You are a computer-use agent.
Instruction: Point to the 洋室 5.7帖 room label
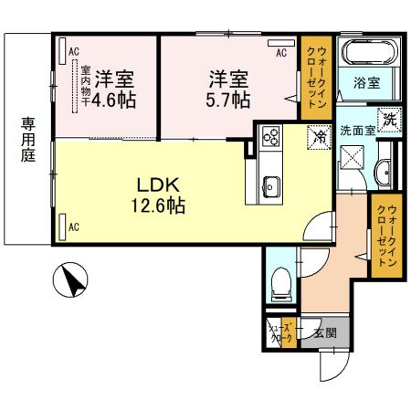click(x=229, y=90)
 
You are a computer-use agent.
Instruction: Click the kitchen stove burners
click(x=271, y=137)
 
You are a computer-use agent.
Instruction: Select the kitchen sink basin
click(x=271, y=189)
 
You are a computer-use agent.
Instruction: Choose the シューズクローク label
click(x=279, y=334)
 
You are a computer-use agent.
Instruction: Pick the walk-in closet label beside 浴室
click(x=312, y=78)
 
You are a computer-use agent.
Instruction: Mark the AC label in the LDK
click(x=74, y=225)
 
